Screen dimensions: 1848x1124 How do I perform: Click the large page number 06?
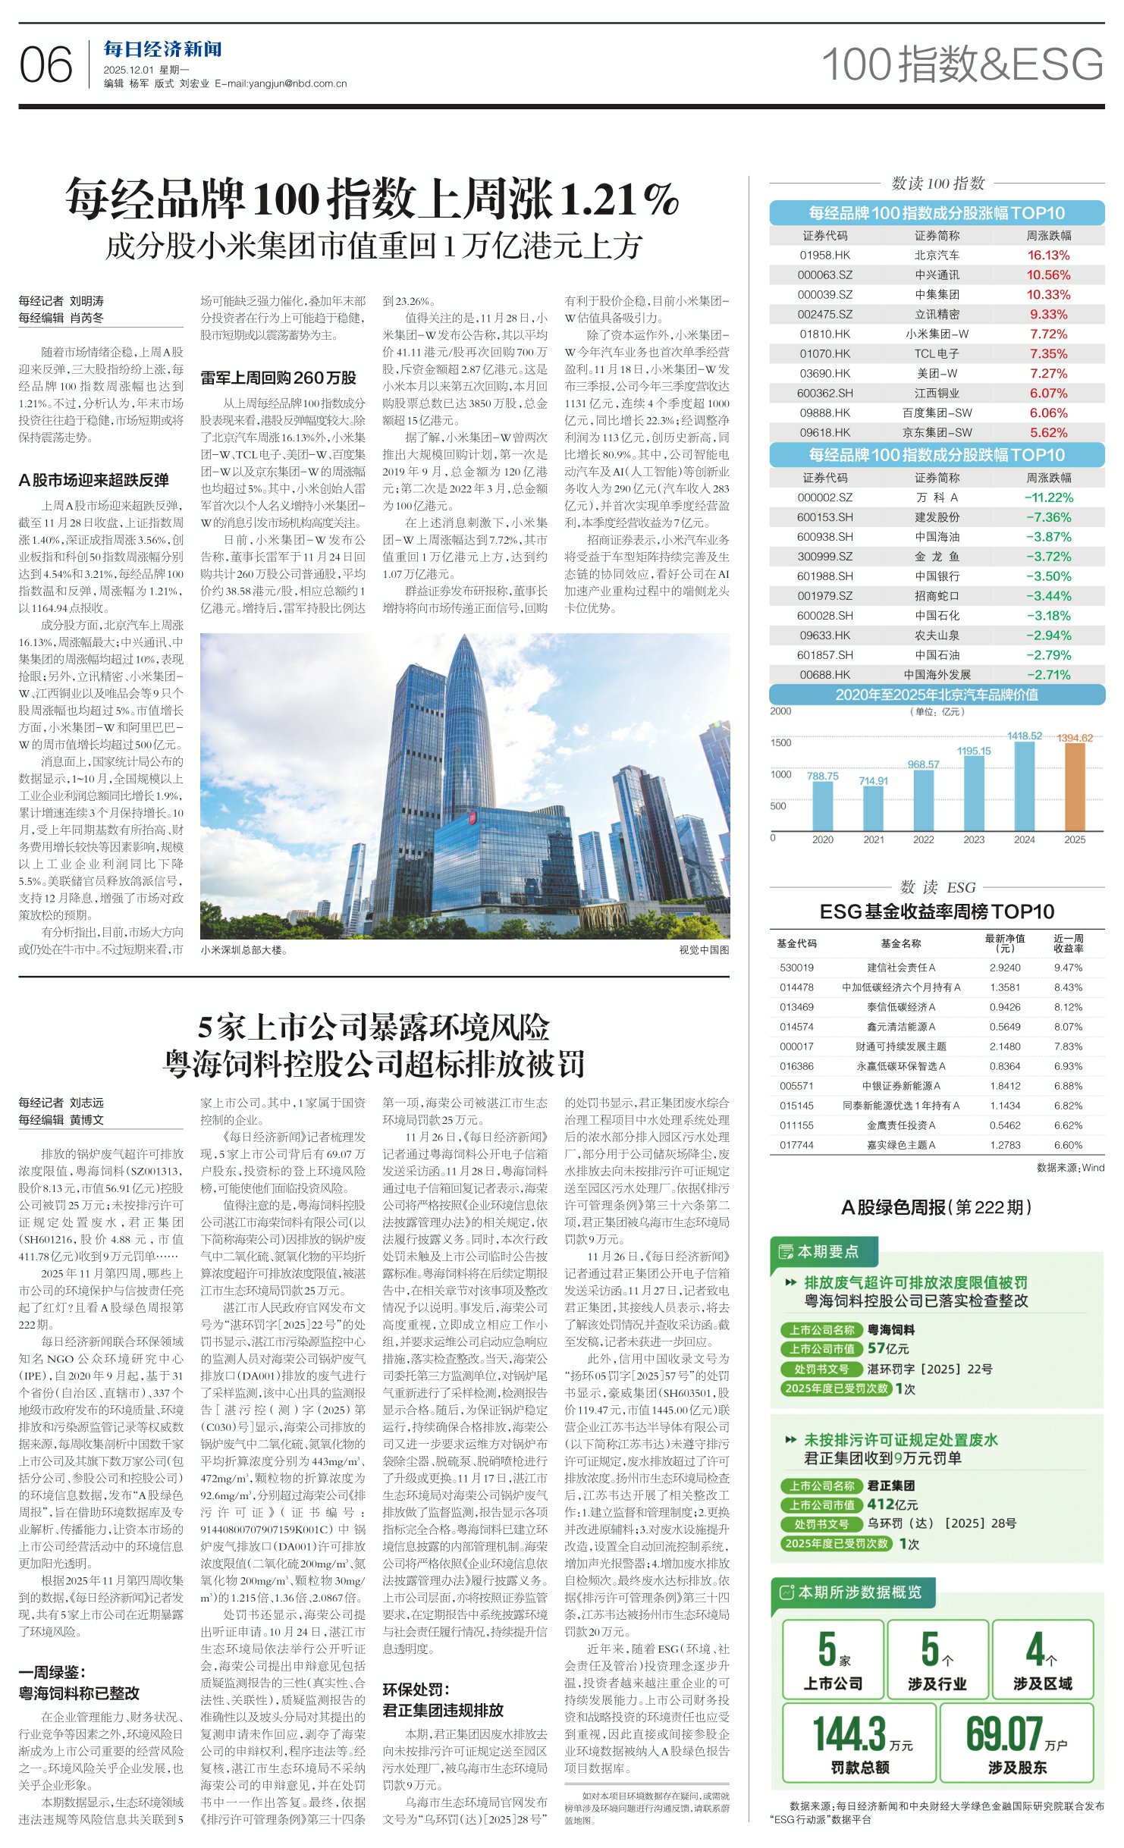[x=46, y=65]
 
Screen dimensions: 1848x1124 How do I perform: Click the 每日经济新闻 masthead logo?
[x=162, y=50]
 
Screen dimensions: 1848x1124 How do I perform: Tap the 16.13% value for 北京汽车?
[x=1048, y=256]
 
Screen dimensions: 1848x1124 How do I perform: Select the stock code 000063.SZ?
[x=824, y=275]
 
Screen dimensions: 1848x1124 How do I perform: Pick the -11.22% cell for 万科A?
[x=1048, y=498]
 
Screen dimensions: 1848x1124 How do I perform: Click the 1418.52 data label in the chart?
[x=1024, y=736]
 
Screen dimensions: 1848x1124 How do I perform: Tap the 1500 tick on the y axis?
[x=780, y=743]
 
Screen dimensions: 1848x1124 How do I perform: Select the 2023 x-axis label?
[x=974, y=839]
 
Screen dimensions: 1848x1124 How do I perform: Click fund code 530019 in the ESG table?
[x=796, y=968]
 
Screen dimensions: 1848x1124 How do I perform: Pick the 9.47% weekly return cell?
[x=1068, y=968]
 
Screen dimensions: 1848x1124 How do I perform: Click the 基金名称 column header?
[x=900, y=943]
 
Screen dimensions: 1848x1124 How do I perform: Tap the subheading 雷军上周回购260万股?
[x=278, y=378]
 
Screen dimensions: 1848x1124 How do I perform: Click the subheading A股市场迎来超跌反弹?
[x=93, y=480]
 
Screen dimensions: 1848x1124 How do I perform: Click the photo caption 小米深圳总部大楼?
[x=243, y=949]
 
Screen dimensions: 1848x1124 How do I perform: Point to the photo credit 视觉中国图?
[x=703, y=949]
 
